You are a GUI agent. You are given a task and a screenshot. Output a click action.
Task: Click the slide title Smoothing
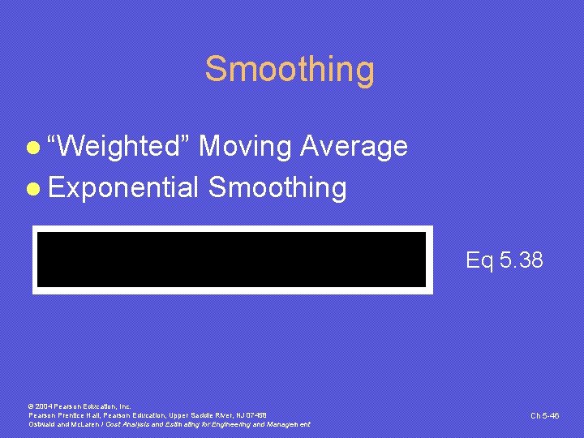290,69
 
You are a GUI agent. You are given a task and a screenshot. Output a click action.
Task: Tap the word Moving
245,147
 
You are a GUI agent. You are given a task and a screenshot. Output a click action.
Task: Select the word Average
354,147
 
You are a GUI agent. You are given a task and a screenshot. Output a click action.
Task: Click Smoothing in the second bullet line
277,188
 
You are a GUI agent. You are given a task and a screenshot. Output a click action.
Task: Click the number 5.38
522,260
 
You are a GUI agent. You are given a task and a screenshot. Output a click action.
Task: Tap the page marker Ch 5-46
545,415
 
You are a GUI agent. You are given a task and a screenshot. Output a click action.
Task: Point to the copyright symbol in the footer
31,406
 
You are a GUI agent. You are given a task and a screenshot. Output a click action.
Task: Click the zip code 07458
255,414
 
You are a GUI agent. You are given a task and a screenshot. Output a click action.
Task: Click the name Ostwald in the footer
42,424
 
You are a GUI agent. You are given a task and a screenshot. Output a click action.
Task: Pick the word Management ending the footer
286,424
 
